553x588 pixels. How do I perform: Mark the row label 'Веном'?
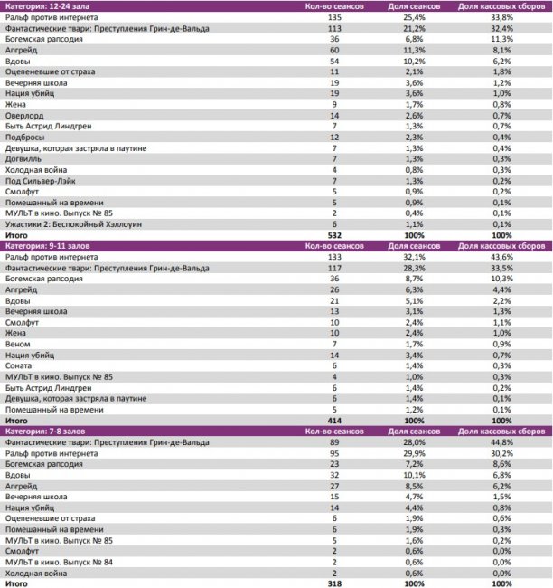tap(18, 344)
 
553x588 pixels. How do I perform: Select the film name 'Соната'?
tap(20, 365)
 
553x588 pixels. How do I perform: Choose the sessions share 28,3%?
tap(412, 268)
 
